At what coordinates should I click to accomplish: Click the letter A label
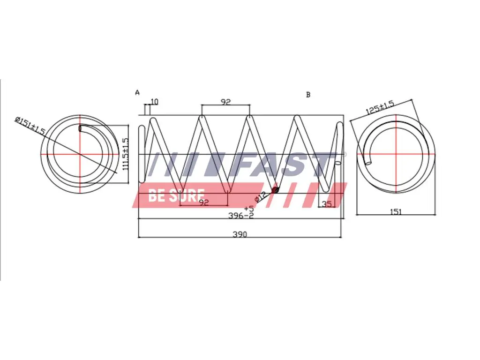pos(137,92)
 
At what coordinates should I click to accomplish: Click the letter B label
pos(308,95)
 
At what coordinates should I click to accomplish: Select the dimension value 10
pos(155,102)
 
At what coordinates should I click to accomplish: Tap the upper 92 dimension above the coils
pos(225,101)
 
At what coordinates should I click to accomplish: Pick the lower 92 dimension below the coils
pos(203,202)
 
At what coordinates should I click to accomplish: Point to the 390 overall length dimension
pos(240,234)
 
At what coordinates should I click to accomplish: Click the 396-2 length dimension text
pos(241,216)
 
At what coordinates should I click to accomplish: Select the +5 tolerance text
pos(248,208)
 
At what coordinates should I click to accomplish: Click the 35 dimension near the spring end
pos(327,203)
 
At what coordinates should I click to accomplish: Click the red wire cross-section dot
pos(275,189)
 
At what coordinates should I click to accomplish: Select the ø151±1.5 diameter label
pos(30,127)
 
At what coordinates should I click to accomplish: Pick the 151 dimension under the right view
pos(396,211)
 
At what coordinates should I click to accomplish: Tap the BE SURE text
pos(176,195)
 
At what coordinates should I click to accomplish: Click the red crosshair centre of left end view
pos(80,154)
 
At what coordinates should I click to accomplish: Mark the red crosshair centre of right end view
pos(396,154)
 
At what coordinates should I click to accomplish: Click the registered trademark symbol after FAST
pos(345,154)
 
